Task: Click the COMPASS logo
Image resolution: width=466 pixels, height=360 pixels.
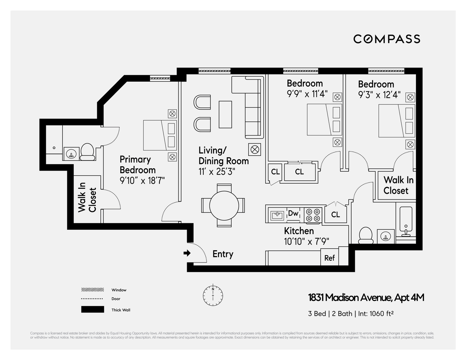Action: pyautogui.click(x=386, y=39)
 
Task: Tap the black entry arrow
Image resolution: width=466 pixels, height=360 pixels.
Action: pyautogui.click(x=187, y=253)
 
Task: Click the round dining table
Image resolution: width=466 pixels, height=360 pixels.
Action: pyautogui.click(x=224, y=206)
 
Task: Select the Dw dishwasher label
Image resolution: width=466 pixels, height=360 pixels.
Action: pyautogui.click(x=293, y=213)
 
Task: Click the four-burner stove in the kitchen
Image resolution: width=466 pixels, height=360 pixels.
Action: pyautogui.click(x=313, y=215)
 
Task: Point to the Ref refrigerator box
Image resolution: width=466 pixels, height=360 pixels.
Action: pyautogui.click(x=329, y=258)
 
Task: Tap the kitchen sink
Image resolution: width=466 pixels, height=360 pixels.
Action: pyautogui.click(x=277, y=215)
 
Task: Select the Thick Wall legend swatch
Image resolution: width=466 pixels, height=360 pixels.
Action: pyautogui.click(x=92, y=310)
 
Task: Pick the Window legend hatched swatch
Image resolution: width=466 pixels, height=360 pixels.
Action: pyautogui.click(x=92, y=290)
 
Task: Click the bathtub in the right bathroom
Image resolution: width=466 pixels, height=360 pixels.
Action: pyautogui.click(x=406, y=221)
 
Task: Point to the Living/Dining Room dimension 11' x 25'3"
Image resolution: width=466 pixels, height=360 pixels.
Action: pyautogui.click(x=217, y=172)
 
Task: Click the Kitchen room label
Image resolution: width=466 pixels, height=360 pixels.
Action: pyautogui.click(x=299, y=231)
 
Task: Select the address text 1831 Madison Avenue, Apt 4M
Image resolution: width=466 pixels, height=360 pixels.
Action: pyautogui.click(x=366, y=298)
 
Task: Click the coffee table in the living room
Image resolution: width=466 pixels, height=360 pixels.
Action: pyautogui.click(x=226, y=114)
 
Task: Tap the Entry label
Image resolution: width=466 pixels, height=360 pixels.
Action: pyautogui.click(x=223, y=254)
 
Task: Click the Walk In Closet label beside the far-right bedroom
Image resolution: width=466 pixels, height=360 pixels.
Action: pyautogui.click(x=396, y=185)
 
